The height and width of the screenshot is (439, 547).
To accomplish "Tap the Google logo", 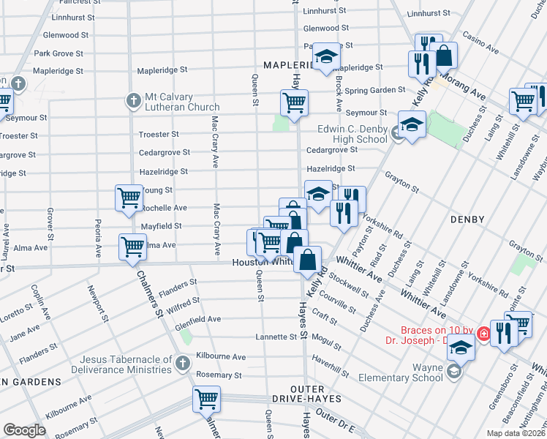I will click(24, 430).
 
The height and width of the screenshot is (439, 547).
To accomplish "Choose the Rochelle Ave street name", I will click(165, 208).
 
